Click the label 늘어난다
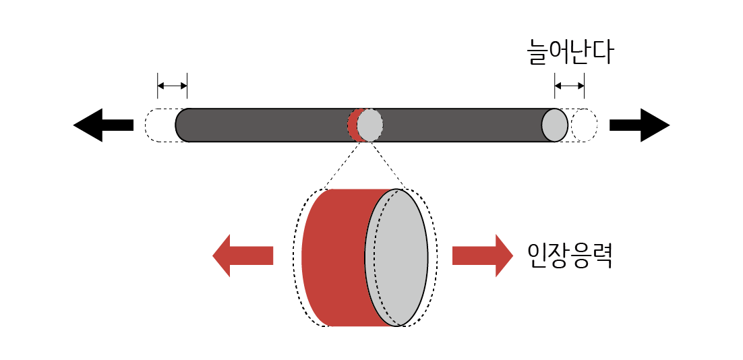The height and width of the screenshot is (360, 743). (x=569, y=53)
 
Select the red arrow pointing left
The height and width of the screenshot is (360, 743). (x=242, y=256)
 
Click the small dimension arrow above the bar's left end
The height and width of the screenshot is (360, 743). (x=172, y=86)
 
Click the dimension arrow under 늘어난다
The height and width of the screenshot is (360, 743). (x=569, y=86)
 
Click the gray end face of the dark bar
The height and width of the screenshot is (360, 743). (x=555, y=125)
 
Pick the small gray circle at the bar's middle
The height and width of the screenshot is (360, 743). (x=369, y=125)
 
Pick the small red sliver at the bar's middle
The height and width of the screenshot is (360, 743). (x=352, y=125)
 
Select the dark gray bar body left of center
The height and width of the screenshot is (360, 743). (x=263, y=125)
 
